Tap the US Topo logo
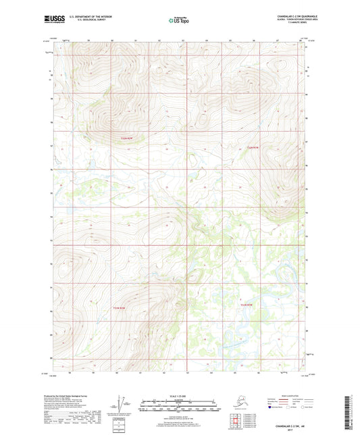pyautogui.click(x=179, y=21)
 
